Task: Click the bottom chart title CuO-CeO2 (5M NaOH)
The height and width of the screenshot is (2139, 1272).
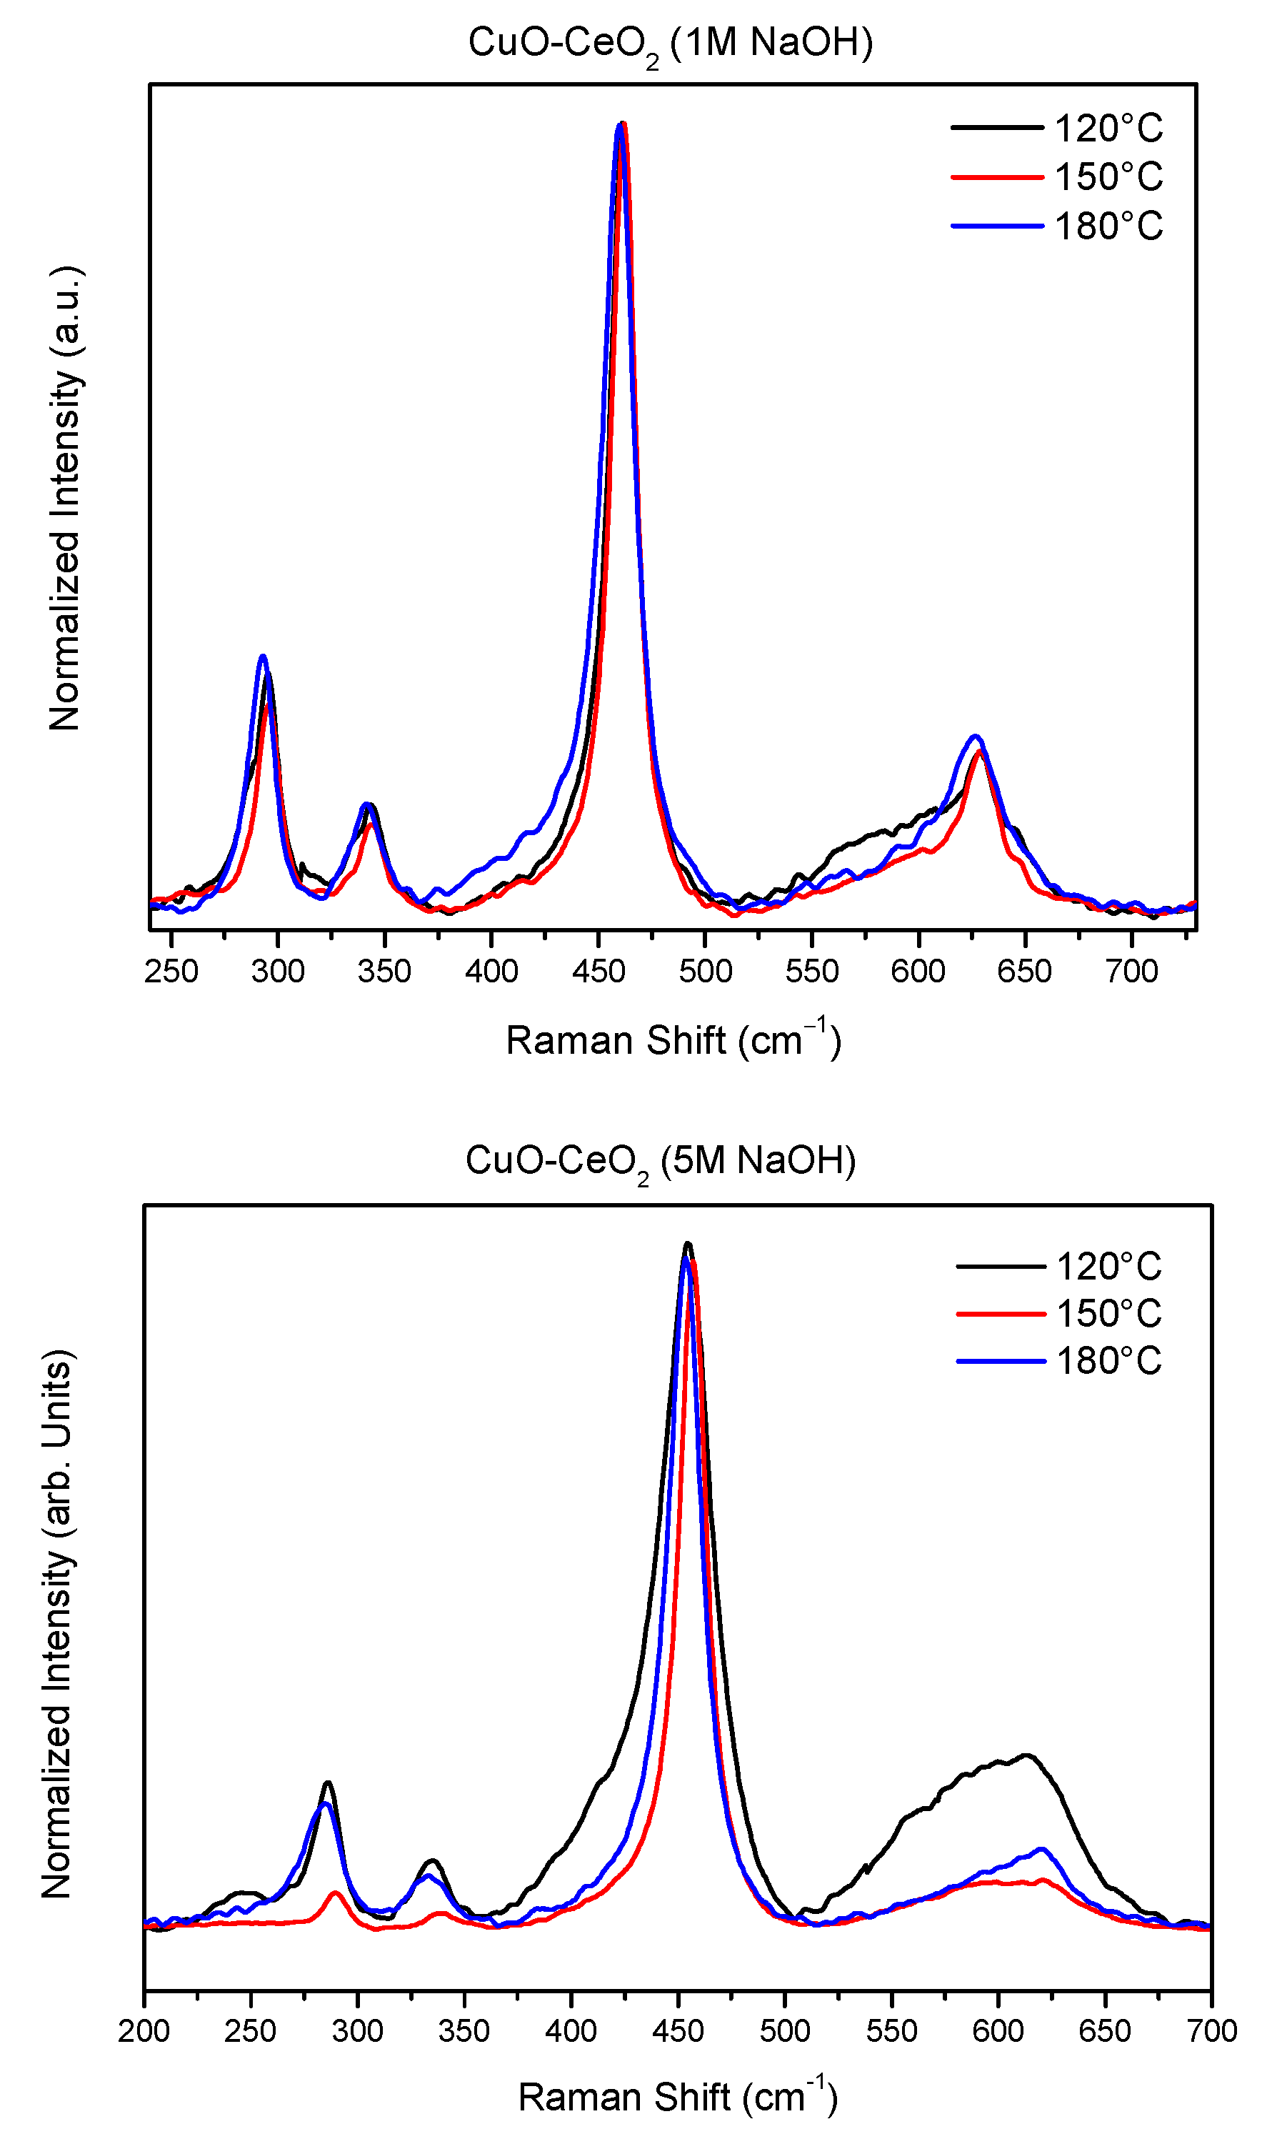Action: (660, 1161)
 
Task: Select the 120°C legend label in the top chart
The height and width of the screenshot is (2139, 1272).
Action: (1108, 129)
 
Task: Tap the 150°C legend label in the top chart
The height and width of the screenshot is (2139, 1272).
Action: (1108, 177)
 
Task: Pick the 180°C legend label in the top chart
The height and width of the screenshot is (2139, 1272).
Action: (1108, 226)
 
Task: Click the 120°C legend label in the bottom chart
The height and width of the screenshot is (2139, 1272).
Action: (1108, 1266)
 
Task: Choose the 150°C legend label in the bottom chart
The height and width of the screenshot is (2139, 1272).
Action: (1108, 1313)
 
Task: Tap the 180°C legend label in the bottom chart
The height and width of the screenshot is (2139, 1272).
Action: (1108, 1360)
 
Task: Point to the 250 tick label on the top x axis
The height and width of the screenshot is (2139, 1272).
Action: (171, 972)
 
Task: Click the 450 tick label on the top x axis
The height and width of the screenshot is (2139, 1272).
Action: (599, 972)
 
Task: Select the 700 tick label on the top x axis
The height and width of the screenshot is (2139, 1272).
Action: (1131, 972)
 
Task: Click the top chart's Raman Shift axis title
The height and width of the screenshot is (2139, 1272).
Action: (673, 1040)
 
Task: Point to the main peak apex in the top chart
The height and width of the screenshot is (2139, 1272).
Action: (621, 124)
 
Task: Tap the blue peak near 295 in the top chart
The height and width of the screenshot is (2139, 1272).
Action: (263, 657)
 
